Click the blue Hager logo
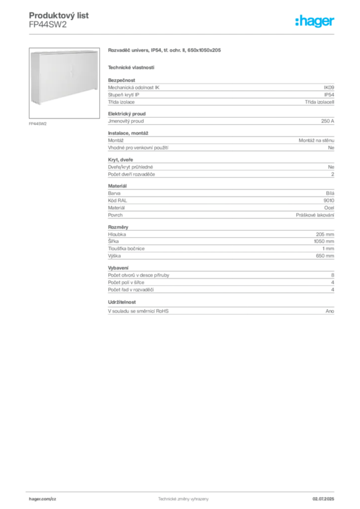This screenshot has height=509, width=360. point(316,22)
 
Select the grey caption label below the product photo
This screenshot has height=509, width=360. point(37,123)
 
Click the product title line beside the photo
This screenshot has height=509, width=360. point(164,51)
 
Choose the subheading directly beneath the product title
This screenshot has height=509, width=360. point(131,67)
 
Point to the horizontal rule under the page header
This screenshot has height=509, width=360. point(183,34)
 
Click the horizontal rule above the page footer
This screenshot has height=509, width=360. point(183,491)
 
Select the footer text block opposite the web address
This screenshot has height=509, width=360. point(326,497)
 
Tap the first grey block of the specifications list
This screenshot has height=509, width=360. point(220,92)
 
